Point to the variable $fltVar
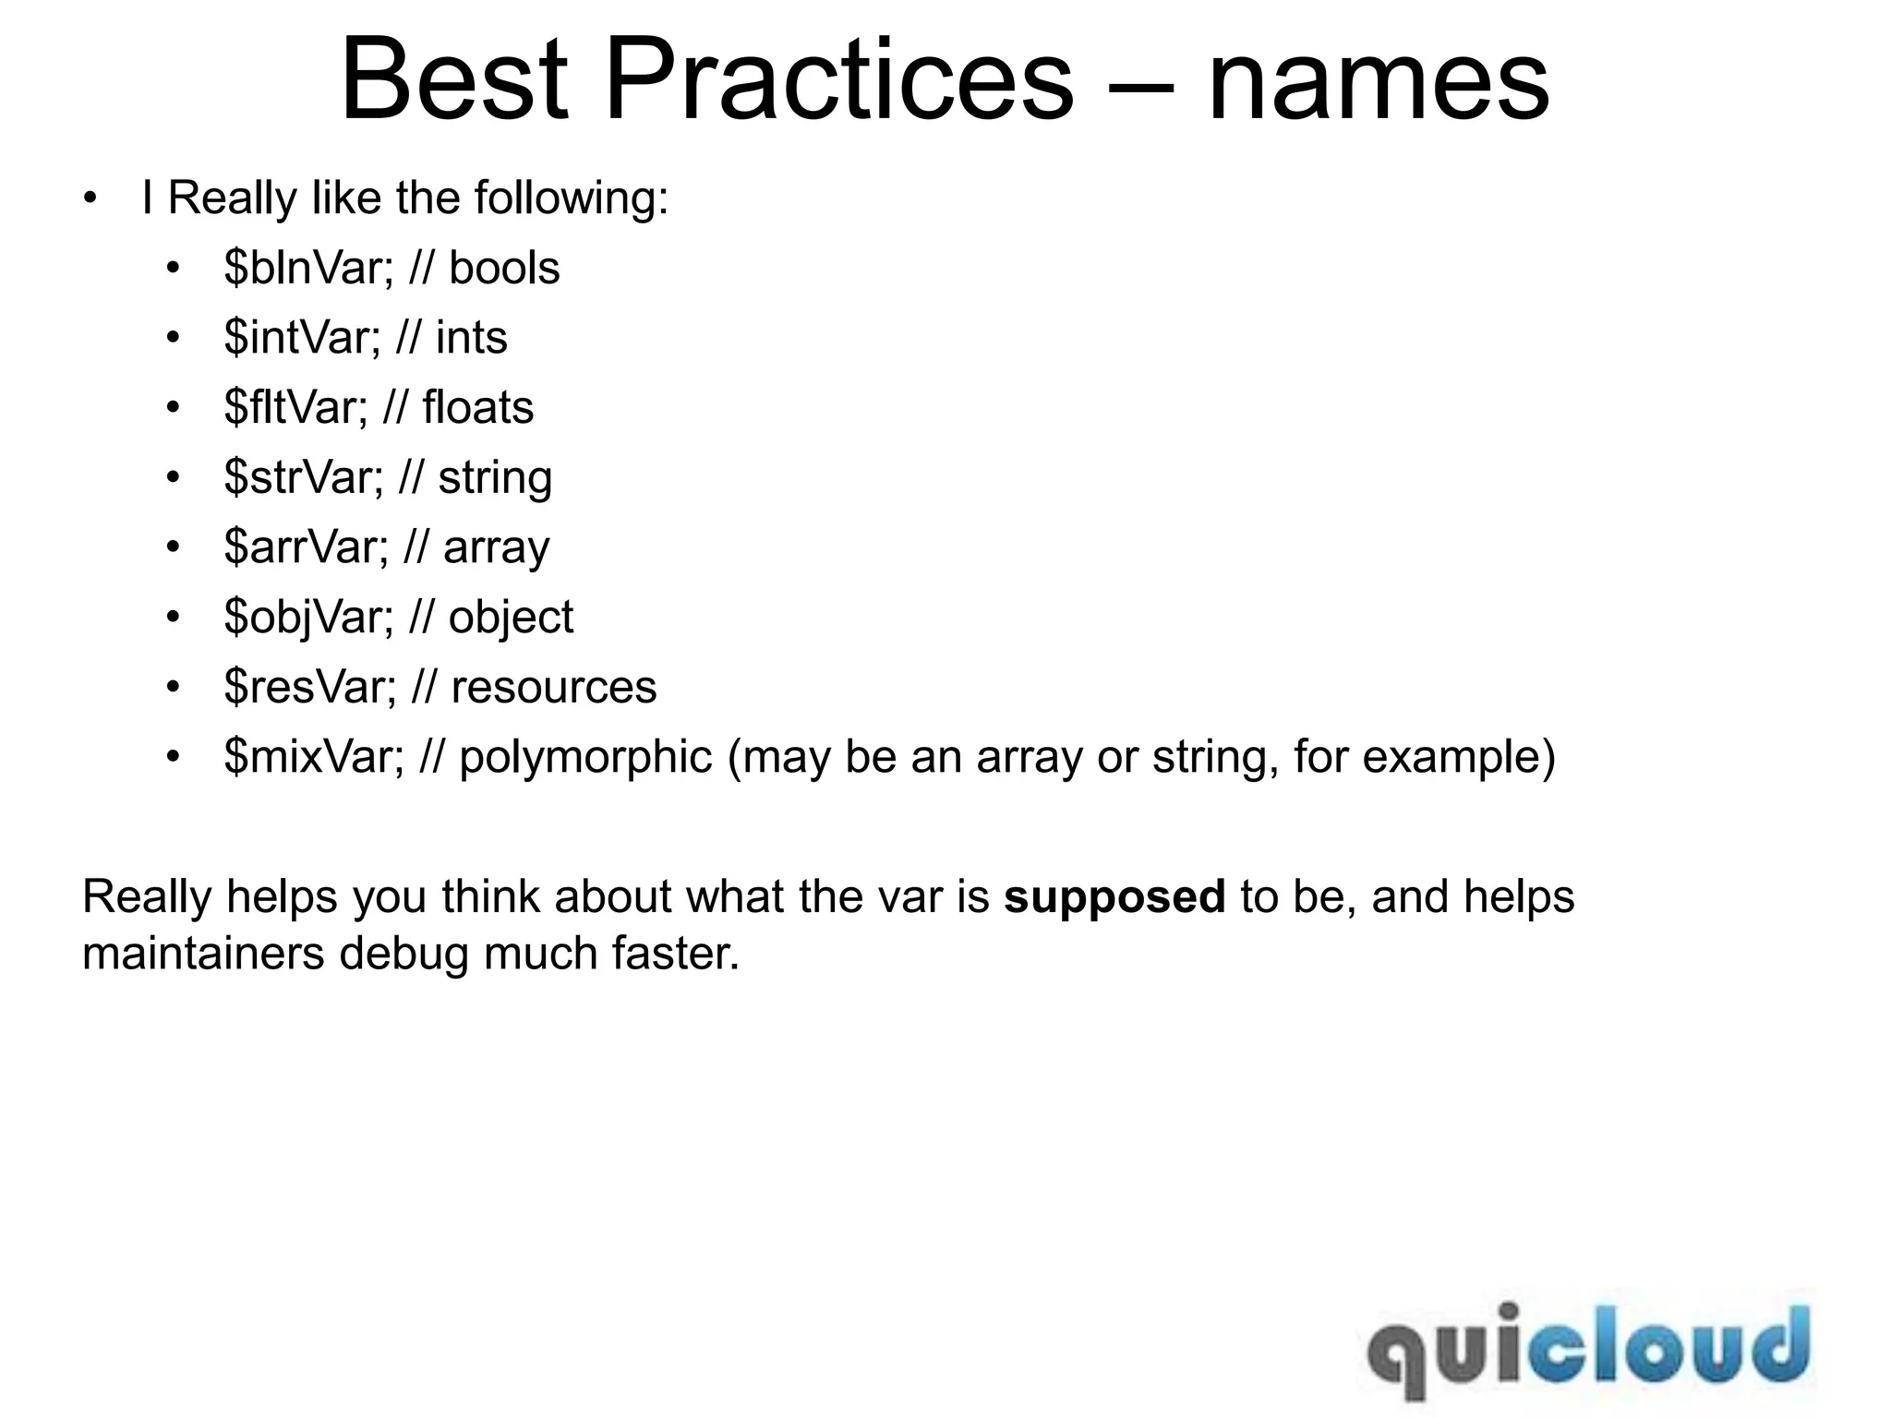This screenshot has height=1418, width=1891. coord(295,408)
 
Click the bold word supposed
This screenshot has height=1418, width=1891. coord(1114,897)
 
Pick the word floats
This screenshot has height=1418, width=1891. coord(477,408)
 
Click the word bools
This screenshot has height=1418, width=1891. coord(504,269)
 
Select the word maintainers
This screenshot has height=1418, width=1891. coord(203,954)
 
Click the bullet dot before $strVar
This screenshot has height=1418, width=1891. coord(173,478)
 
